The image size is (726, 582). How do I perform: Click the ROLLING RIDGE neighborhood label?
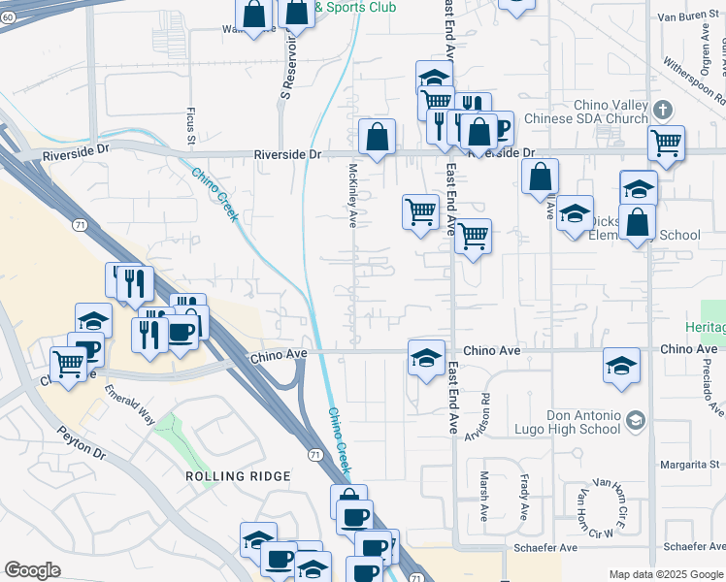tap(238, 476)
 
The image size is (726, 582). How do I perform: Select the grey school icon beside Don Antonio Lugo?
tap(635, 420)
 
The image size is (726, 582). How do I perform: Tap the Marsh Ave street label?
tap(483, 493)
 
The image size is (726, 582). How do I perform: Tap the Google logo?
tap(32, 570)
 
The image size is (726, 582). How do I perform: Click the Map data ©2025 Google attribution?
tap(666, 574)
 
